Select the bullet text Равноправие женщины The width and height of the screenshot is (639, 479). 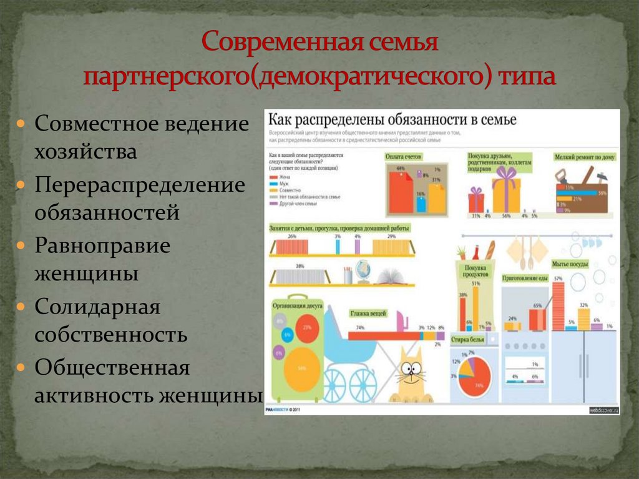[102, 259]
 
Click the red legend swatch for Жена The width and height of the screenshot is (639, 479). [272, 178]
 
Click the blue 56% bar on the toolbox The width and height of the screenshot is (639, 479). [580, 193]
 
